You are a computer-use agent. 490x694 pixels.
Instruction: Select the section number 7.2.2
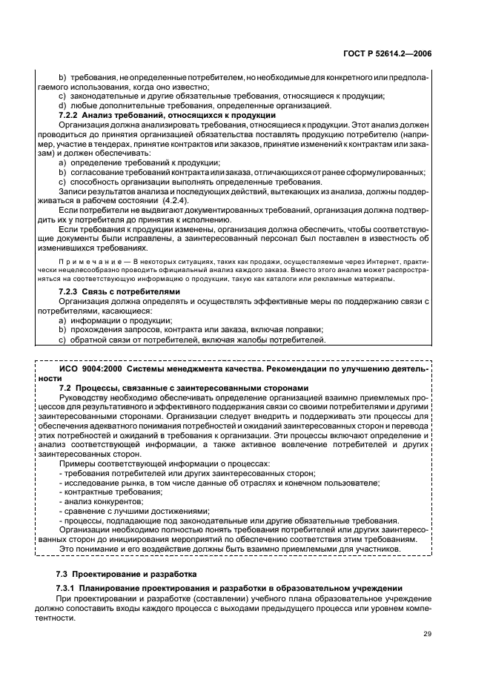69,115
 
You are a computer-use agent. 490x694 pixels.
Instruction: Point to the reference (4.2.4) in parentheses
173,200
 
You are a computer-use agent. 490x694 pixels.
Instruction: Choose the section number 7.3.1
70,588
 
